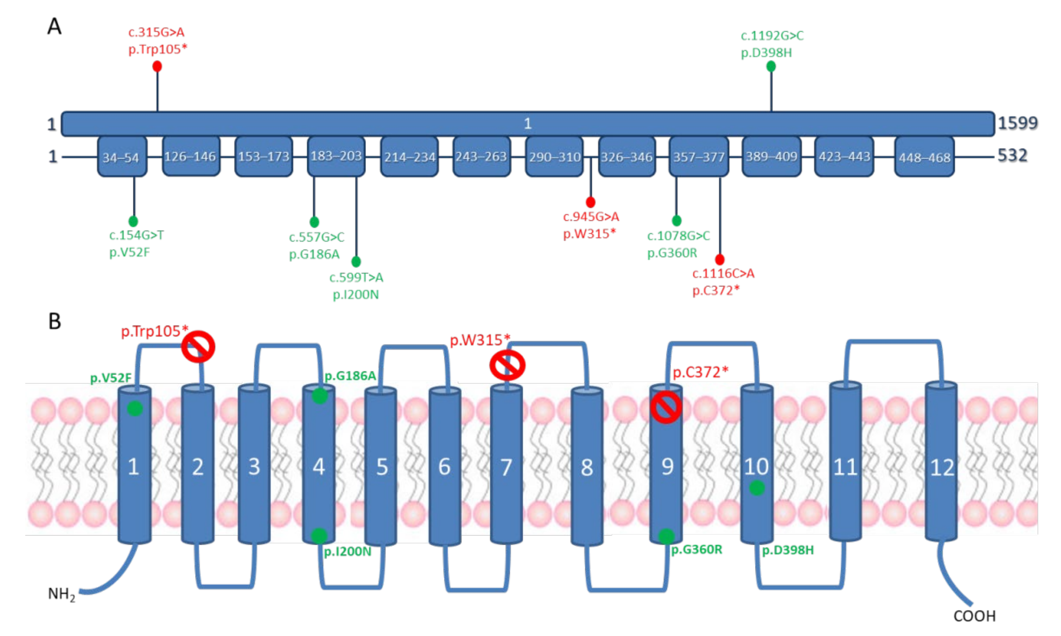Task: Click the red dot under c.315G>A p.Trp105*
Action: coord(157,66)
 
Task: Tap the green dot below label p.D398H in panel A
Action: coord(771,66)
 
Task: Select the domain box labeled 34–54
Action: coord(122,157)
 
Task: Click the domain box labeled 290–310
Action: coord(554,157)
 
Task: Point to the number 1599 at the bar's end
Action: coord(1018,123)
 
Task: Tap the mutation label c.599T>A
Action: coord(356,278)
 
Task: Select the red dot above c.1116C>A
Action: coord(720,259)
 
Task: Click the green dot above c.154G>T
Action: coord(133,221)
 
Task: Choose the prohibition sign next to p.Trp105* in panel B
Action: coord(198,346)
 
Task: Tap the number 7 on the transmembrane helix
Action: coord(506,467)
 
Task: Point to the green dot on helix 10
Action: coord(757,488)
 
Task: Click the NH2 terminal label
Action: coord(61,594)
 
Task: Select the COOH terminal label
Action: coord(974,616)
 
